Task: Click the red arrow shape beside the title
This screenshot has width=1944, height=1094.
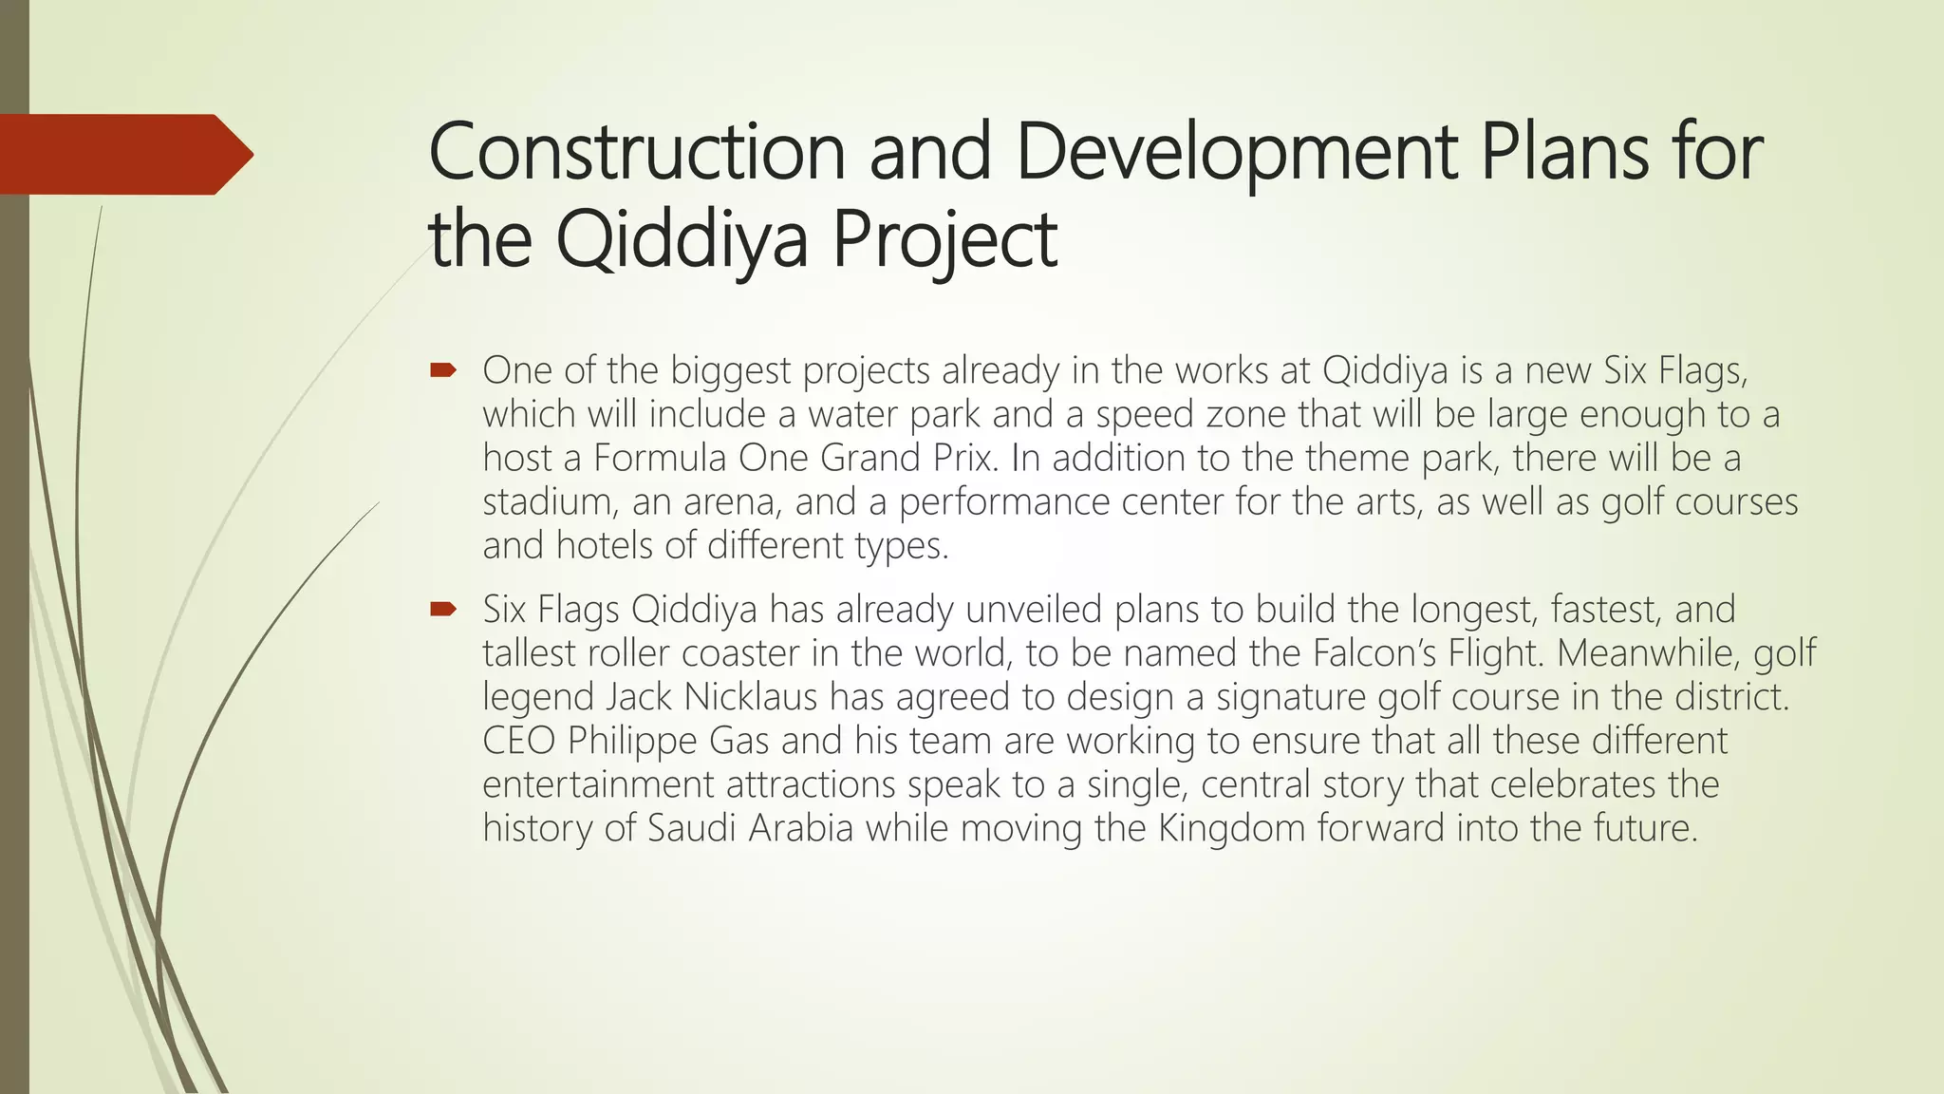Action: [x=123, y=154]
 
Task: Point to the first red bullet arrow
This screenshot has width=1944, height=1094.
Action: [x=443, y=369]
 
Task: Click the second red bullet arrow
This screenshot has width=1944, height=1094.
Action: [x=443, y=609]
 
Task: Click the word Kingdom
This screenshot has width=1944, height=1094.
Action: [x=1231, y=828]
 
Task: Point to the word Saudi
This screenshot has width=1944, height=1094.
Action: [x=691, y=828]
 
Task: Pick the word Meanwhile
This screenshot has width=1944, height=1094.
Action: [x=1648, y=653]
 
